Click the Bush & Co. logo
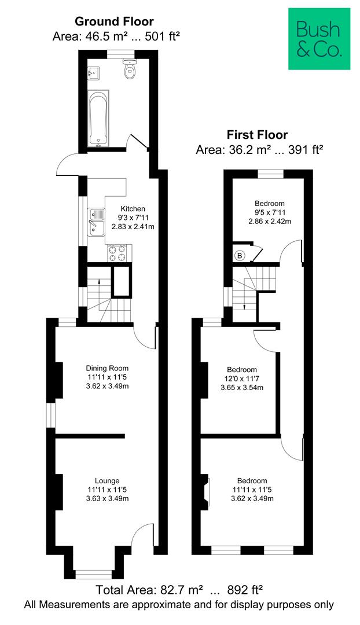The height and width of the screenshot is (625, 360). click(x=319, y=38)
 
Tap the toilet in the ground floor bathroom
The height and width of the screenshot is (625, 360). click(x=130, y=71)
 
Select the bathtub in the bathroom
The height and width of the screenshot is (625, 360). click(x=98, y=117)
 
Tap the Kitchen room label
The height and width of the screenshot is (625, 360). click(x=133, y=209)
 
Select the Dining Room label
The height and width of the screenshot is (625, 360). click(x=107, y=368)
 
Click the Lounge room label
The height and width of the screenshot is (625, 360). click(x=107, y=481)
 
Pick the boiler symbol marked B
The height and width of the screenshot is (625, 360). click(x=239, y=255)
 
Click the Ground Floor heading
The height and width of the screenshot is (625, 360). click(x=114, y=22)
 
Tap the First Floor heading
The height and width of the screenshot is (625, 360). click(x=257, y=135)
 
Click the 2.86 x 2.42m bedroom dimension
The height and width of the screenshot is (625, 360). click(x=269, y=221)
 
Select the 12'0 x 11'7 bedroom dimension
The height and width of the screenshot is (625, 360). click(x=241, y=378)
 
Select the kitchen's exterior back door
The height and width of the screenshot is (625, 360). click(x=68, y=164)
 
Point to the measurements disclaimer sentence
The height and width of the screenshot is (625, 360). click(x=179, y=605)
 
